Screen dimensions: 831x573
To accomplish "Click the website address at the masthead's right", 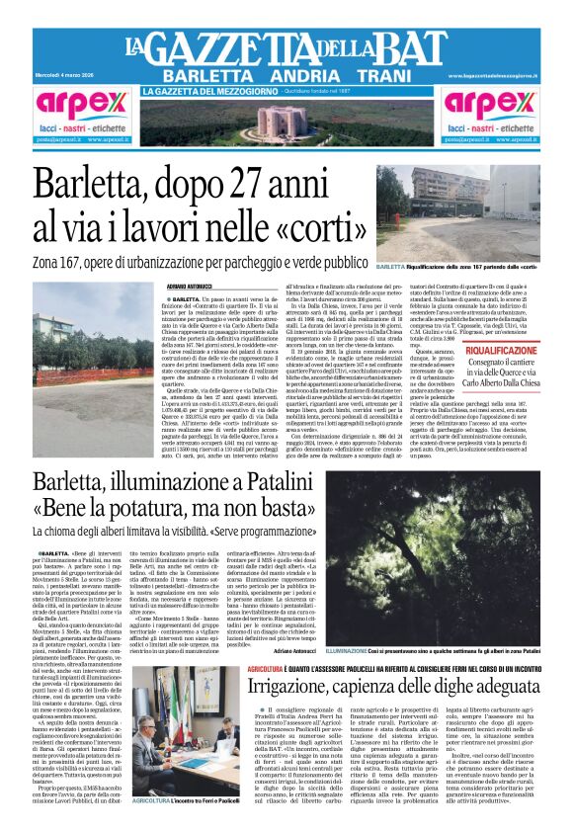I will pos(491,76).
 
